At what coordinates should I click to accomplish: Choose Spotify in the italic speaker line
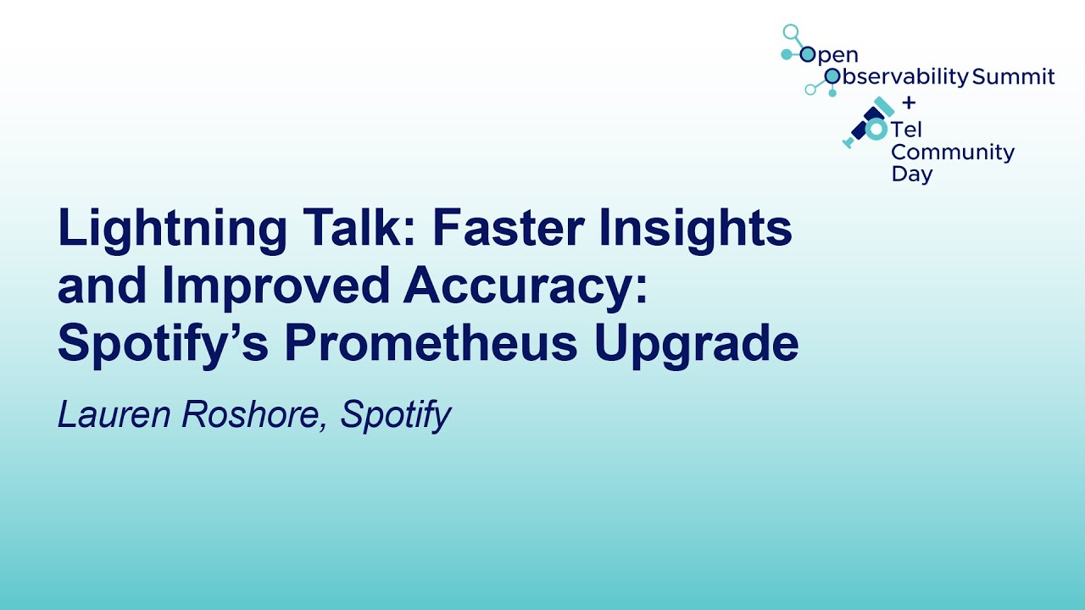coord(395,416)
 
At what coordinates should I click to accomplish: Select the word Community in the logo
coord(952,152)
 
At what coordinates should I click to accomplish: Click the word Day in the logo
coord(911,175)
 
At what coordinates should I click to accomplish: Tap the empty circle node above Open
coord(791,33)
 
